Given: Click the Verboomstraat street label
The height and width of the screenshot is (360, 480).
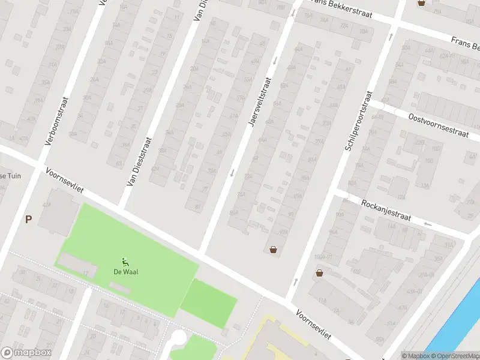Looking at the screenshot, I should [x=57, y=122].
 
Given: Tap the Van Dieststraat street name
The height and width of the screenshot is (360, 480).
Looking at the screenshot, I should [x=138, y=161].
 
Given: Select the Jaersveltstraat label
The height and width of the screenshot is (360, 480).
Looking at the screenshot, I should [x=259, y=101].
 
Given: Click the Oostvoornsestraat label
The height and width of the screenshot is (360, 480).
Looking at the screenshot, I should [x=437, y=125].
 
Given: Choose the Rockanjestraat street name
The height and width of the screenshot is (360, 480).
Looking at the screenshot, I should [x=386, y=211].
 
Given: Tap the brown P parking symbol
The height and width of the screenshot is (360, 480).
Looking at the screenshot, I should [x=28, y=220].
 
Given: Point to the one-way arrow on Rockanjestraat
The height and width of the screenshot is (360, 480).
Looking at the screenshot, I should [x=427, y=224].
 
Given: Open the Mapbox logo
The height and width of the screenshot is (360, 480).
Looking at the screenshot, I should [x=26, y=353].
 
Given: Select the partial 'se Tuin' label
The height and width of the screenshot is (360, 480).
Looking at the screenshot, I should [x=10, y=176].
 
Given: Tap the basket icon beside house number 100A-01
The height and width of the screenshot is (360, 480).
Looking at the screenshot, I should [x=319, y=274].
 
